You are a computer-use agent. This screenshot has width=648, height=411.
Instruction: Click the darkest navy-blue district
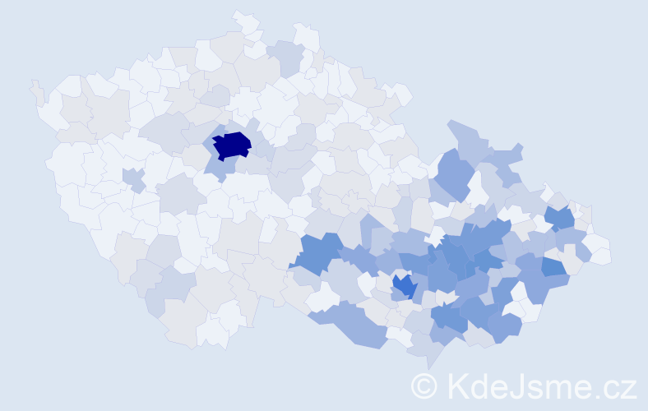tap(232, 145)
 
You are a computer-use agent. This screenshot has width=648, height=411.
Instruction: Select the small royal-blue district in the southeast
tap(404, 286)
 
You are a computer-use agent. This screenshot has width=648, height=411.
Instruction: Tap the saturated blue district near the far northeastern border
tap(560, 218)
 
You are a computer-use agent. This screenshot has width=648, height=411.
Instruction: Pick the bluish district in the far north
tap(285, 57)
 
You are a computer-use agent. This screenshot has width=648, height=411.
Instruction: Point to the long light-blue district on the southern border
tap(354, 325)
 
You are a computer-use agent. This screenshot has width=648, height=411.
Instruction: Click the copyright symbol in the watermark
tap(424, 386)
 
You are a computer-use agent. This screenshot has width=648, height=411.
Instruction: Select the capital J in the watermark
tap(515, 386)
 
